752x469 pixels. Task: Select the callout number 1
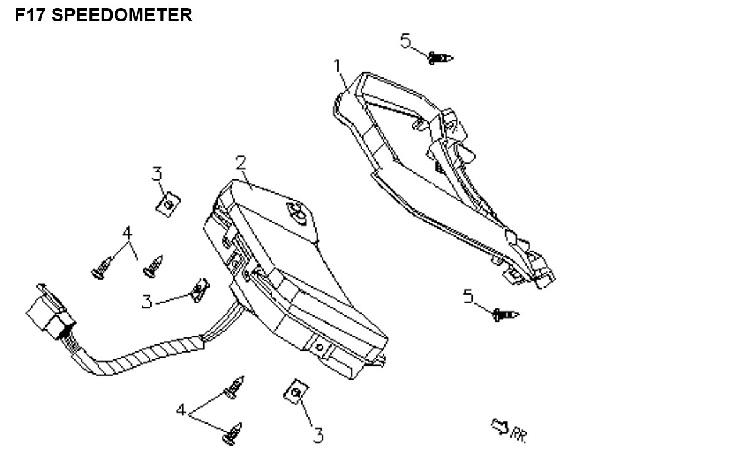(338, 66)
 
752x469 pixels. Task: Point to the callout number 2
(240, 163)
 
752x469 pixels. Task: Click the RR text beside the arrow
(518, 434)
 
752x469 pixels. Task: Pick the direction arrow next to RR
(499, 427)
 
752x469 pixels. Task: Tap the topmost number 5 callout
(406, 42)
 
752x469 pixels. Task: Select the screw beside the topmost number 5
(441, 59)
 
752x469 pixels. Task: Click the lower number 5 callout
(468, 295)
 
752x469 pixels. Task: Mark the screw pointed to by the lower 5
(506, 314)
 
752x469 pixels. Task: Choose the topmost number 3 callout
(157, 174)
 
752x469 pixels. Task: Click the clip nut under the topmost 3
(167, 204)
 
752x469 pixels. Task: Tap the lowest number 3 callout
(318, 435)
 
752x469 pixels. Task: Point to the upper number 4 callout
(128, 233)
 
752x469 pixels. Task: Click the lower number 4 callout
(181, 410)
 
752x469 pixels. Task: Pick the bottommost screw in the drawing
(233, 434)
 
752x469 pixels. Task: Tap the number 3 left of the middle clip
(147, 302)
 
